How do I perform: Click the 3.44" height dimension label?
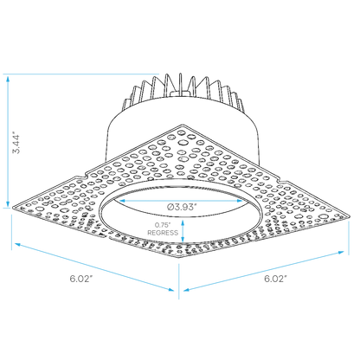pyautogui.click(x=17, y=144)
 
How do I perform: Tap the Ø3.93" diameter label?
pyautogui.click(x=182, y=207)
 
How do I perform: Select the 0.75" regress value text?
pyautogui.click(x=163, y=225)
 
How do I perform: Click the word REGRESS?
pyautogui.click(x=163, y=233)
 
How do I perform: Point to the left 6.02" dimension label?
pyautogui.click(x=81, y=279)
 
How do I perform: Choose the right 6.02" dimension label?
pyautogui.click(x=276, y=279)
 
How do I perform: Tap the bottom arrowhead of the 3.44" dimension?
pyautogui.click(x=8, y=204)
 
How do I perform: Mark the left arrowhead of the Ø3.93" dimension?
pyautogui.click(x=122, y=201)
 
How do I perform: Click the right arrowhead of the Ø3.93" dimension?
pyautogui.click(x=240, y=201)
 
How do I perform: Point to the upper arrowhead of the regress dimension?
pyautogui.click(x=183, y=223)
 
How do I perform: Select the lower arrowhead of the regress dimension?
pyautogui.click(x=183, y=239)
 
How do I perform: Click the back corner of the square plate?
pyautogui.click(x=182, y=125)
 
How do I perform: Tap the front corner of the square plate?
pyautogui.click(x=179, y=257)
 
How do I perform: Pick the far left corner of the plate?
pyautogui.click(x=13, y=207)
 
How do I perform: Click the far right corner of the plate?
pyautogui.click(x=349, y=215)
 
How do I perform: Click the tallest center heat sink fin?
pyautogui.click(x=180, y=84)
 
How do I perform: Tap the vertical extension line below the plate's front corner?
pyautogui.click(x=179, y=281)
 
